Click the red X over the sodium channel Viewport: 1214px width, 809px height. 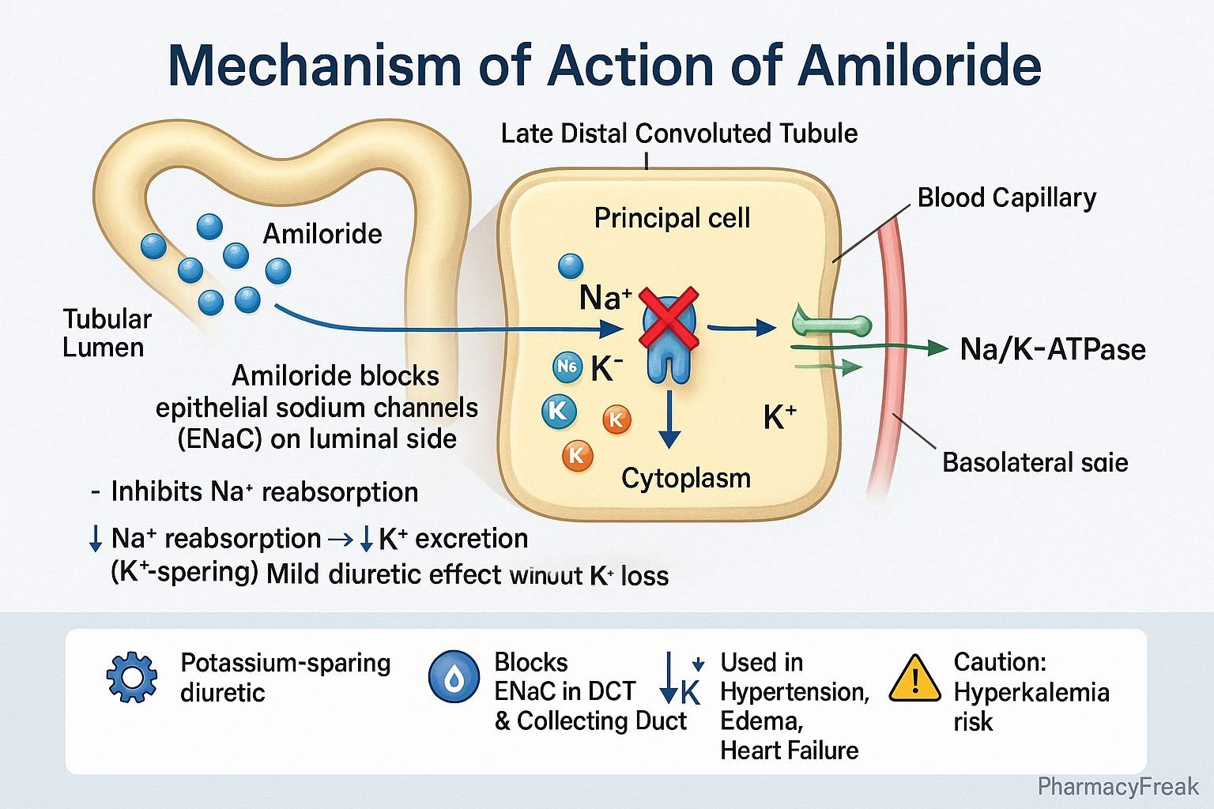click(669, 318)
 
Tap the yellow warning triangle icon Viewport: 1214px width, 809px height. click(914, 679)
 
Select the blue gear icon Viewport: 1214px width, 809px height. click(131, 677)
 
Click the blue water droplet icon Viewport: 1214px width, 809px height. click(454, 677)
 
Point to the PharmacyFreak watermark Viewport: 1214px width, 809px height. click(1118, 786)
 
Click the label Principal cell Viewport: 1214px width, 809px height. click(672, 218)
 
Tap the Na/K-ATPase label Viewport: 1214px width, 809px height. click(1053, 349)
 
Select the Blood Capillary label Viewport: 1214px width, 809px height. click(1006, 198)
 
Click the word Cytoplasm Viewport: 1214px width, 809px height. click(686, 478)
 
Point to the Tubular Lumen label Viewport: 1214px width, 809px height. click(107, 333)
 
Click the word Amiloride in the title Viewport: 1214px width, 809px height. click(920, 66)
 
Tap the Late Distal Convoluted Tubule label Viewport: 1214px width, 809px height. click(679, 133)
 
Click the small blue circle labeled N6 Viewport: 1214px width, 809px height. click(567, 366)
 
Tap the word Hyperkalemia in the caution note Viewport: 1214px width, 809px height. click(1031, 692)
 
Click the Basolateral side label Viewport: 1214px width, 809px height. click(1035, 462)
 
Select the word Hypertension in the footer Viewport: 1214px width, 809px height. click(794, 692)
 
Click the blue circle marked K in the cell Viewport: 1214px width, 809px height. click(559, 411)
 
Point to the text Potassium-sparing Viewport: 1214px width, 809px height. click(285, 663)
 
